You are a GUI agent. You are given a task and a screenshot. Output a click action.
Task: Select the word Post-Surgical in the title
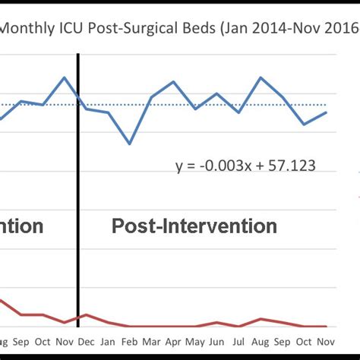click(x=135, y=30)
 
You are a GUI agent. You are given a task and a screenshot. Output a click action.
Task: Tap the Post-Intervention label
click(x=194, y=226)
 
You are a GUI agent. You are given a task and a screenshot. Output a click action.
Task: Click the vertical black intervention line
click(x=78, y=190)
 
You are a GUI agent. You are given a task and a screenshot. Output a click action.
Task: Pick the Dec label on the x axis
click(x=86, y=342)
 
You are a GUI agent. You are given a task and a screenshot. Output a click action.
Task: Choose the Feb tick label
click(x=130, y=342)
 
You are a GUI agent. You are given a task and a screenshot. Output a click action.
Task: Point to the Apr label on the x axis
click(x=174, y=342)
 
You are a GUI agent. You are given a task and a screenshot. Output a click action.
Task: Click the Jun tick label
click(x=217, y=342)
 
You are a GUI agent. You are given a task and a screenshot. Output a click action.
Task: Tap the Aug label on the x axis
click(x=261, y=342)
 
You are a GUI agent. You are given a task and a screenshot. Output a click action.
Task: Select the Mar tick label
click(x=152, y=342)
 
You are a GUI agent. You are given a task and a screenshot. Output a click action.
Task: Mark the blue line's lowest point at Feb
click(x=130, y=144)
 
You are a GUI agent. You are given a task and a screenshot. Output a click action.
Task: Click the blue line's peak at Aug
click(x=261, y=77)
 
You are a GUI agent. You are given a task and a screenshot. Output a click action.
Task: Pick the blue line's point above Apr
click(x=174, y=81)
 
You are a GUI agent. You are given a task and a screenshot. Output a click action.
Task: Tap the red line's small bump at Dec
click(x=86, y=314)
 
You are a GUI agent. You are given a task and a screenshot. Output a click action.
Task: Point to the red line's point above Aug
click(x=261, y=319)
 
